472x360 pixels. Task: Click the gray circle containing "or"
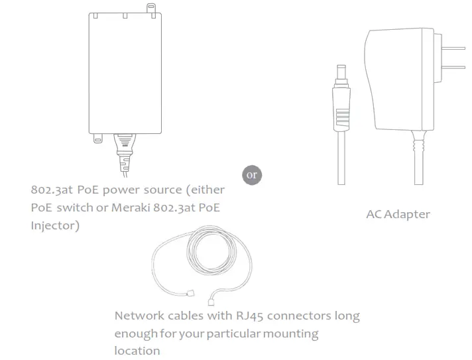tap(251, 175)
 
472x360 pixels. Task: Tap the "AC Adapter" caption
tap(398, 214)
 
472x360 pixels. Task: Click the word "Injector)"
tap(55, 225)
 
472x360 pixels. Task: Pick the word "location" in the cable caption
tap(137, 349)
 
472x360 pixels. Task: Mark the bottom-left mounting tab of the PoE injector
tap(98, 138)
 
